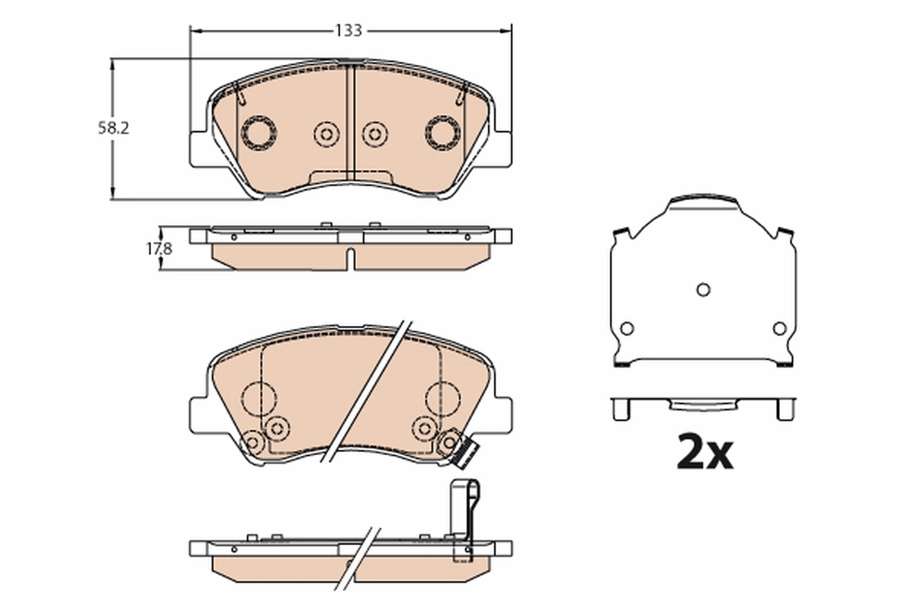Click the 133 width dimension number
(x=348, y=30)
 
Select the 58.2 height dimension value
(x=114, y=128)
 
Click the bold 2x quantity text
(x=705, y=453)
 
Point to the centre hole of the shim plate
(x=703, y=289)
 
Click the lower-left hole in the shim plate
(x=627, y=328)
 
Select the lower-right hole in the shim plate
(x=779, y=328)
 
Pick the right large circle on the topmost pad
(x=443, y=132)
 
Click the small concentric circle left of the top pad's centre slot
(x=326, y=134)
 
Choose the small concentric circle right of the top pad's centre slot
(x=374, y=134)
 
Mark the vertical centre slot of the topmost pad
(x=351, y=122)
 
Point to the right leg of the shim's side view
(x=785, y=409)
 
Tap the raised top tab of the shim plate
(x=703, y=203)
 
